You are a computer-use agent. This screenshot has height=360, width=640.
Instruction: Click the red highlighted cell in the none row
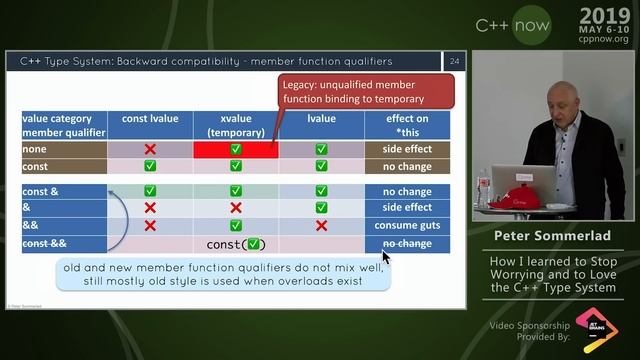(236, 149)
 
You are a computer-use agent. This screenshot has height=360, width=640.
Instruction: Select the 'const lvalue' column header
(150, 119)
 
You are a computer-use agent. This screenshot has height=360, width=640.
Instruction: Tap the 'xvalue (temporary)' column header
(236, 125)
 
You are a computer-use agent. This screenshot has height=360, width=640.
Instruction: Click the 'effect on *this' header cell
(407, 125)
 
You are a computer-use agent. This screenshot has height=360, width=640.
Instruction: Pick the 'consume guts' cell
(407, 225)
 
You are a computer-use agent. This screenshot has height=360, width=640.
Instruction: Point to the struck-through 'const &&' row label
(44, 243)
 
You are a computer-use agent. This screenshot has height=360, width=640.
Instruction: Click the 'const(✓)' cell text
(236, 244)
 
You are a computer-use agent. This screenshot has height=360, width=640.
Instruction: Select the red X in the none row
(150, 149)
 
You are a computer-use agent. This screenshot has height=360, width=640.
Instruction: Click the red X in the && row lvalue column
(321, 225)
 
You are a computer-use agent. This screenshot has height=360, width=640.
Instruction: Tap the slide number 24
(455, 62)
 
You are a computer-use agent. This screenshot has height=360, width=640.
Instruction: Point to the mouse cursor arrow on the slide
(385, 256)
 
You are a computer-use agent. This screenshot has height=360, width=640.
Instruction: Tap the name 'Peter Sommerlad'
(554, 237)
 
